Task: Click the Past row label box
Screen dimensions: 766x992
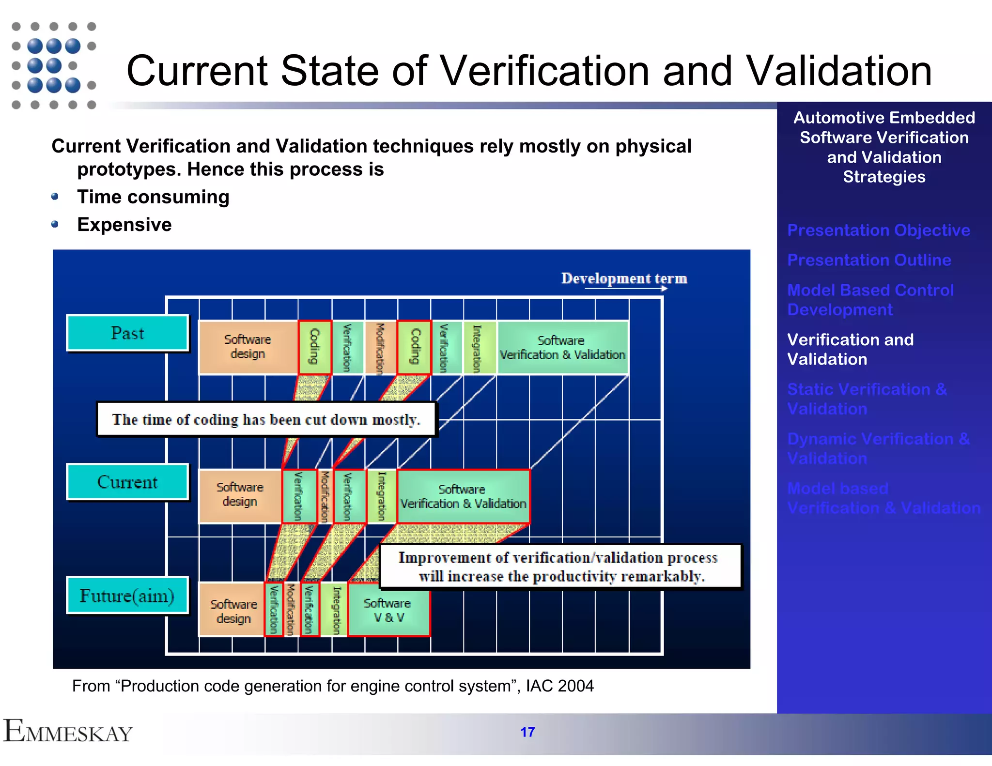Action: (x=127, y=333)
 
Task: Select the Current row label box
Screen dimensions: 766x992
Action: (x=127, y=482)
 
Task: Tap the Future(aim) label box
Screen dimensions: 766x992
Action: (x=127, y=596)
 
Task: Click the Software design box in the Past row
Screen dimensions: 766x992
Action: (x=248, y=347)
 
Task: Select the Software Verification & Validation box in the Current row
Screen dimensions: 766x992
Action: (x=463, y=496)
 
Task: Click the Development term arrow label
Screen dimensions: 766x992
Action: (x=624, y=279)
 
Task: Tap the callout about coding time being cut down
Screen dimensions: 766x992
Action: (x=266, y=419)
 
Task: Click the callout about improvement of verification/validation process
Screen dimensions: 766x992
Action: (x=560, y=567)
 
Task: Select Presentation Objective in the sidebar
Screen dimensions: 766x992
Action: (x=878, y=230)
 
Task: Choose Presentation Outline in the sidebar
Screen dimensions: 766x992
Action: (x=869, y=260)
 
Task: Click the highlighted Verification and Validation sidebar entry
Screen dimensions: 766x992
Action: (x=850, y=349)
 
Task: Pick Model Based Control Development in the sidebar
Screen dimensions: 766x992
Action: (x=870, y=300)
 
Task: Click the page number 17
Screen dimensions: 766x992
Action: (x=527, y=732)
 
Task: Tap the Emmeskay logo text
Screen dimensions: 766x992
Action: (x=68, y=732)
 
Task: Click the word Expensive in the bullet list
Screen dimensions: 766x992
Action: (x=124, y=225)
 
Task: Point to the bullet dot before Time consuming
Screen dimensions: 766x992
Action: (x=55, y=197)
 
